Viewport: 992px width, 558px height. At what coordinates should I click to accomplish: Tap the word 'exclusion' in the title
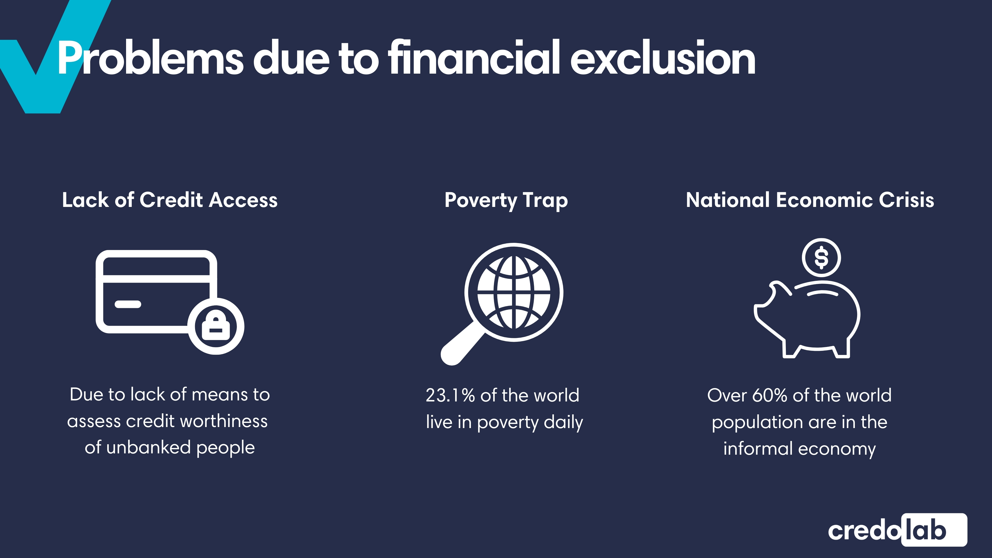point(662,58)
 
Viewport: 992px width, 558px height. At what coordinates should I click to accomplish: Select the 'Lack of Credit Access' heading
point(170,200)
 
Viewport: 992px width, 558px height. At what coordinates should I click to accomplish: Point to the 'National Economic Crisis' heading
point(810,200)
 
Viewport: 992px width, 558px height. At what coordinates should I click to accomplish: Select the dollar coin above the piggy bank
point(822,258)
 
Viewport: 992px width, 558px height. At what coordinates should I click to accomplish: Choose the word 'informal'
point(757,449)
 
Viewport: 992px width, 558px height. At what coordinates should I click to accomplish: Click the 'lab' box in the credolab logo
point(934,530)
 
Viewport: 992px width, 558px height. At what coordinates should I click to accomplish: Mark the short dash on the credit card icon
point(128,304)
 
